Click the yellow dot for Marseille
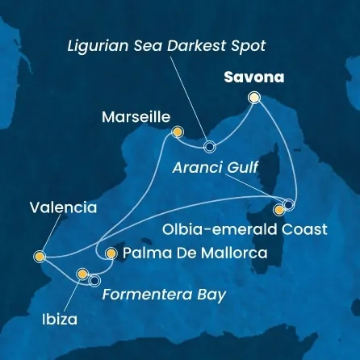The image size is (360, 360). [178, 132]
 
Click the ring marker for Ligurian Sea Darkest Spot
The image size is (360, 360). [210, 147]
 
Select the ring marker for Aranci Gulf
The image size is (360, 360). [289, 203]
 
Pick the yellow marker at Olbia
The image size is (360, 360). [279, 210]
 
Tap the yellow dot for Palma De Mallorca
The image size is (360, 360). [111, 253]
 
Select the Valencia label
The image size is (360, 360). [63, 207]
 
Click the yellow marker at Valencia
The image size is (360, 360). [39, 257]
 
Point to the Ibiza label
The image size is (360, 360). [60, 320]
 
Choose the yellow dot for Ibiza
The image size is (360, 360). [82, 274]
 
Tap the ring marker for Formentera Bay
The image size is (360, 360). [94, 281]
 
